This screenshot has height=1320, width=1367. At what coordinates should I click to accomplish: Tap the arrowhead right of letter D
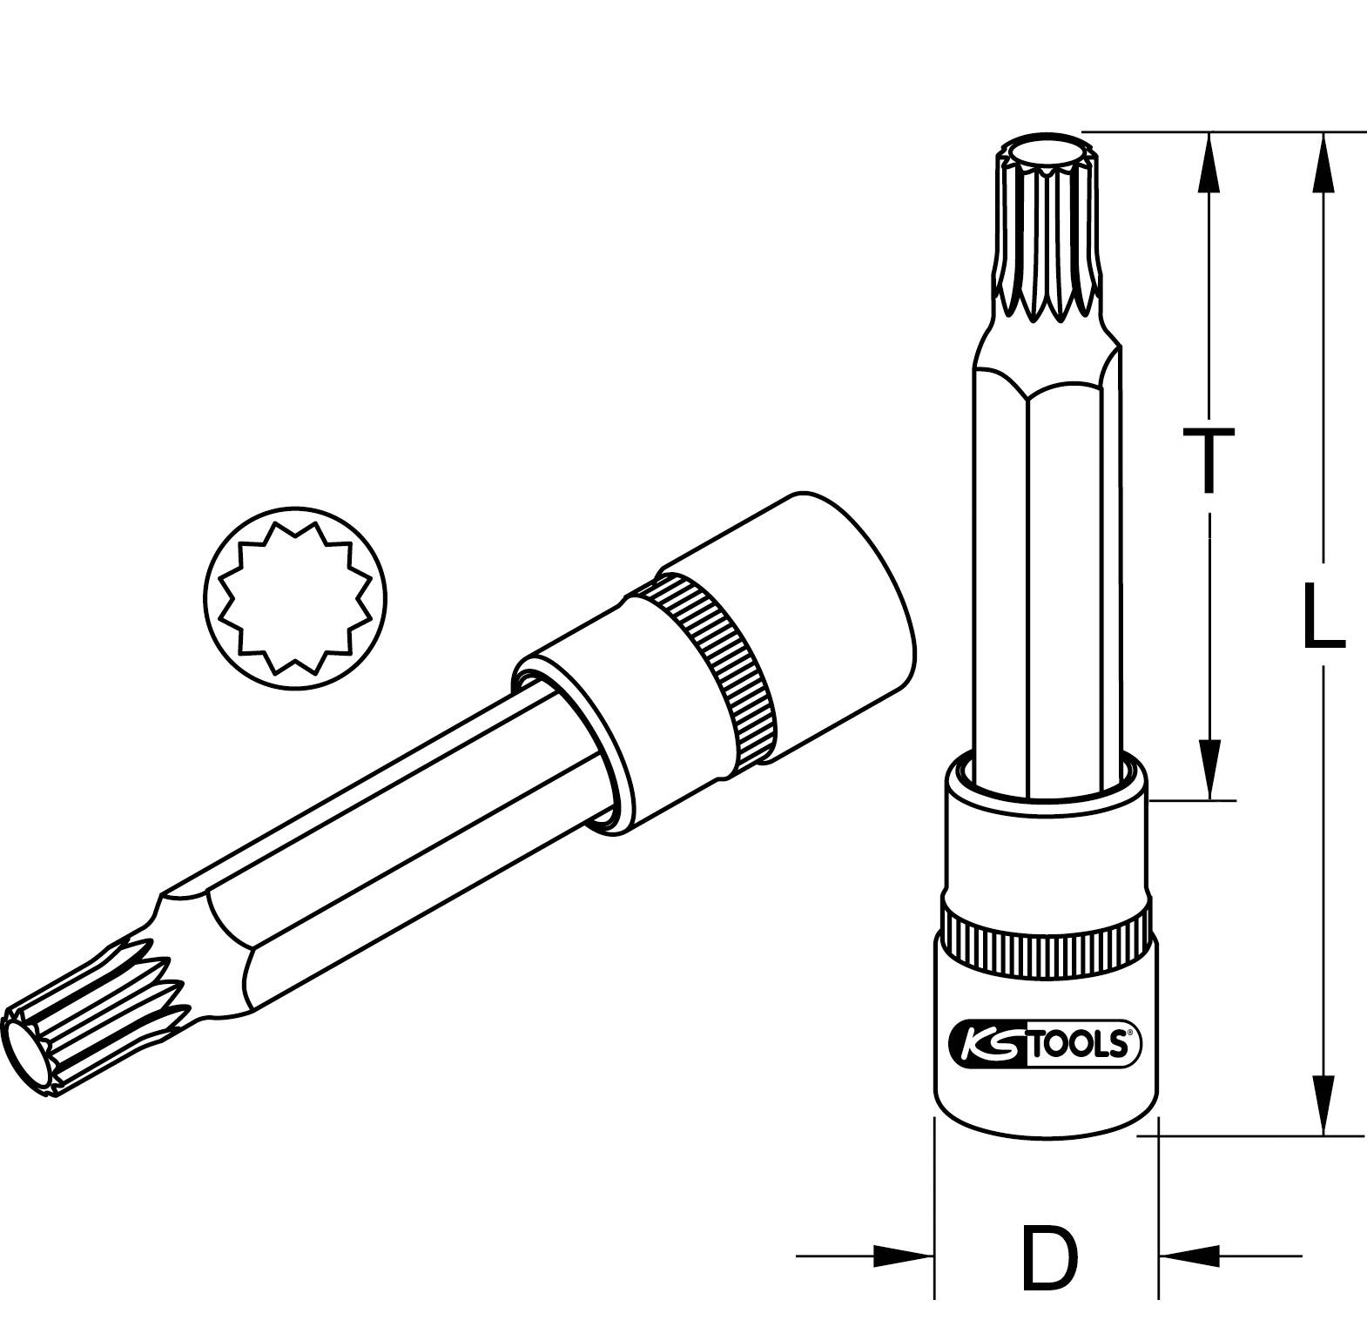[x=1189, y=1256]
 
